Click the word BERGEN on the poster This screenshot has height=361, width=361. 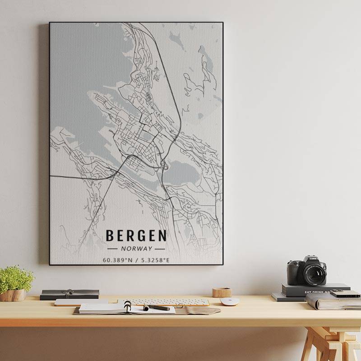136,236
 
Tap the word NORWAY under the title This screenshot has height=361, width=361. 136,248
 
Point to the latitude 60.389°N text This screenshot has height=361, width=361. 117,259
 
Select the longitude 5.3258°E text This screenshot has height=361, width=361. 156,259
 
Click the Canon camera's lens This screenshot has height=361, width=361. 314,273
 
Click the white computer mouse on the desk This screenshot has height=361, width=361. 229,301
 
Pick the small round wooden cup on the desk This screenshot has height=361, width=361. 222,292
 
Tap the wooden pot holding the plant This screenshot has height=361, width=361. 13,295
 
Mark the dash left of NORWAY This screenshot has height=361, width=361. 112,249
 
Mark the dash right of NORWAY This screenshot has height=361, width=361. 160,249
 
